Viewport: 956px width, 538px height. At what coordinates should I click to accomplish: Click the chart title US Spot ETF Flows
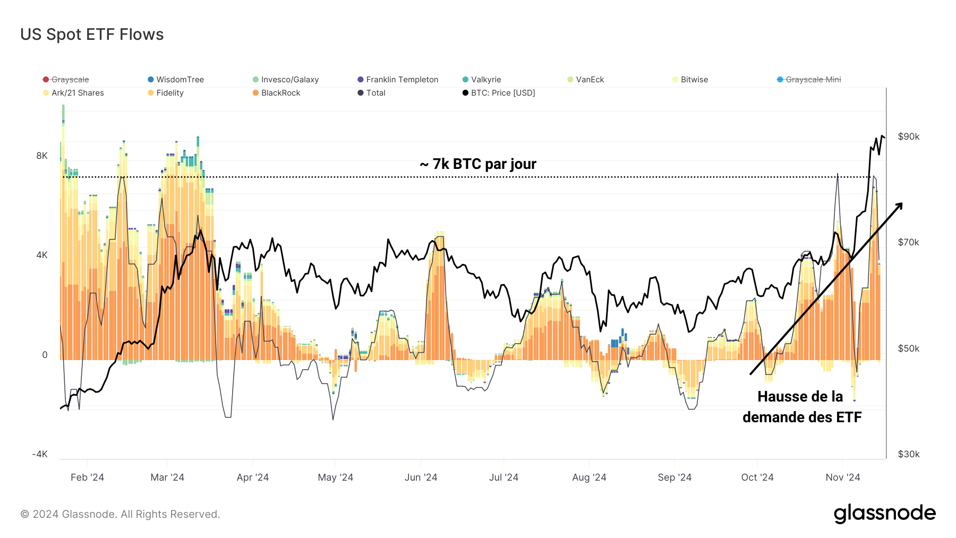[92, 35]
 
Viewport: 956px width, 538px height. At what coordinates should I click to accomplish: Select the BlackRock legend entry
[280, 93]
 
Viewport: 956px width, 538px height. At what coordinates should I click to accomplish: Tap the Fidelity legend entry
[169, 93]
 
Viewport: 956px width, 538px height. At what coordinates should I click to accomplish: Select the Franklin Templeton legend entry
[402, 80]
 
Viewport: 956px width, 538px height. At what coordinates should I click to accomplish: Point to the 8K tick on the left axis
[42, 156]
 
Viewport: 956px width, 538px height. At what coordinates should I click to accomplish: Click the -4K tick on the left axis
[40, 454]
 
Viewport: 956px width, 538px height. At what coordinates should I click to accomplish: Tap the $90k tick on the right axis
[908, 136]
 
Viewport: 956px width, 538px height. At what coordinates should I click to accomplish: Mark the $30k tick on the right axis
[908, 454]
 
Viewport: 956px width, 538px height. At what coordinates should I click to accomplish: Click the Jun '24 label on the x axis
[421, 477]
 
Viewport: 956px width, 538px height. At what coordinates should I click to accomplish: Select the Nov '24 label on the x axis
[842, 477]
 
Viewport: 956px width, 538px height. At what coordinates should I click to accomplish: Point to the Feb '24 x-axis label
[87, 477]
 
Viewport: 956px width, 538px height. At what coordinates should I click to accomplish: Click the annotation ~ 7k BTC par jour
[478, 164]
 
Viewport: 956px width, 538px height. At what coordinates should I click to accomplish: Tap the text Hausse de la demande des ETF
[801, 407]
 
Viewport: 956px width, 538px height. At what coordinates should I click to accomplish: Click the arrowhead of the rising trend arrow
[899, 206]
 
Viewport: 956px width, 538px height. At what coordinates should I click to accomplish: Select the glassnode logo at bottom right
[884, 514]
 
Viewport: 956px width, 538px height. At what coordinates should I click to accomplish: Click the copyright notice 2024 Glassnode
[120, 514]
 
